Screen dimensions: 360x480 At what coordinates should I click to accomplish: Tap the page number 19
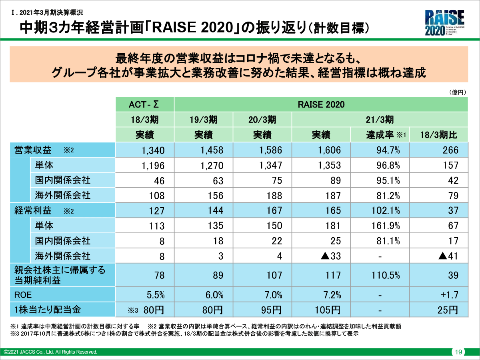pos(458,352)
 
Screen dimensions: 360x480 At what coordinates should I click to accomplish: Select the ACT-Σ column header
pos(144,105)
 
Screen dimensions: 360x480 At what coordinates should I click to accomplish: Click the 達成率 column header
pos(380,135)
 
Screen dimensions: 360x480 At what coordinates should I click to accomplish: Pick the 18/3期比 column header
pos(439,135)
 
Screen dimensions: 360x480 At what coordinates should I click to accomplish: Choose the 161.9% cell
pos(386,226)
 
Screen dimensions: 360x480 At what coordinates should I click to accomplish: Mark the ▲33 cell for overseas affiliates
pos(330,256)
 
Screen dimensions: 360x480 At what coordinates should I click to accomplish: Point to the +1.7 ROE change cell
pos(449,296)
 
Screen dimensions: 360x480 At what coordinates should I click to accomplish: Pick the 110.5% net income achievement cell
pos(386,275)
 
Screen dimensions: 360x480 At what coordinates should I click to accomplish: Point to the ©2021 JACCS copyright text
pos(50,352)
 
